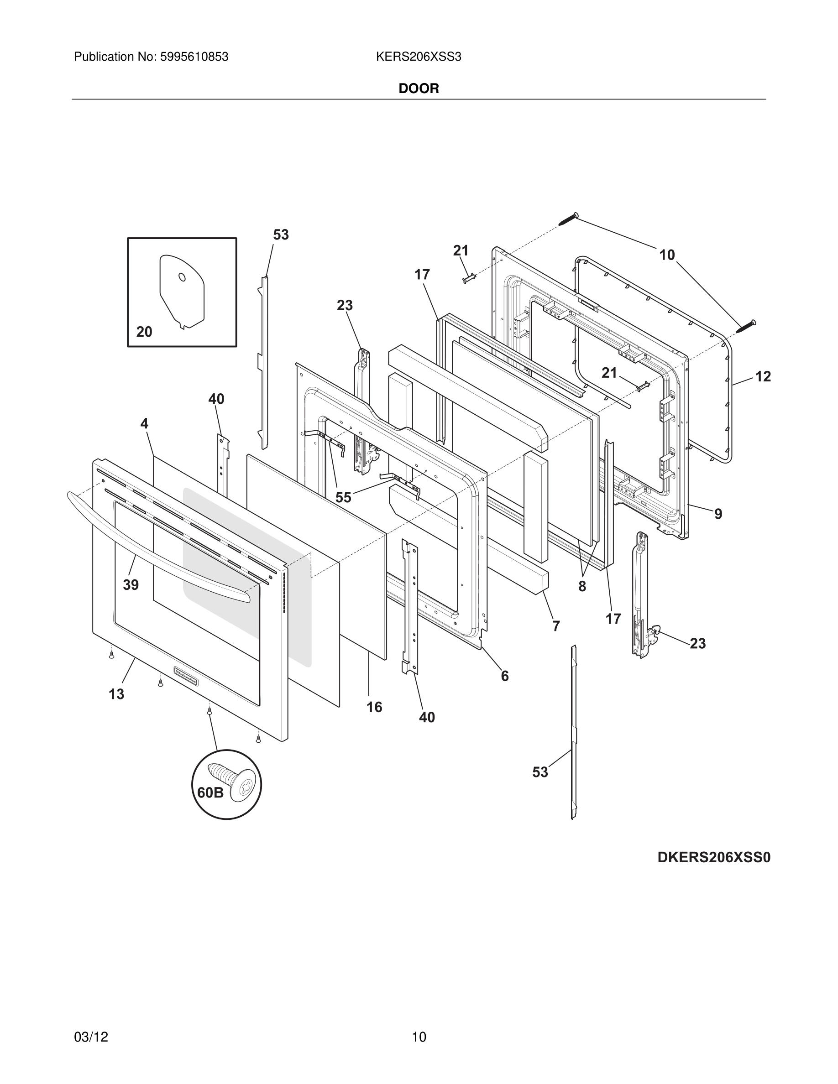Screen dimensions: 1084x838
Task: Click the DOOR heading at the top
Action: [x=419, y=89]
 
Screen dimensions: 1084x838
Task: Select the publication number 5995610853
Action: [x=194, y=57]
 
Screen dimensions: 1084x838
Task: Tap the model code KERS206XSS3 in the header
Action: [x=419, y=57]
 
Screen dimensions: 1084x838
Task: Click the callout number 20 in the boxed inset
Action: [x=144, y=332]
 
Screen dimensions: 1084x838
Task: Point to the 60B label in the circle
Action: [x=210, y=792]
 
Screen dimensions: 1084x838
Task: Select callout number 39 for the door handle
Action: [x=131, y=585]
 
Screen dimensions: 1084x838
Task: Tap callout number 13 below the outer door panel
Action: [x=117, y=694]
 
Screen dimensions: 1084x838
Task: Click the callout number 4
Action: [x=144, y=423]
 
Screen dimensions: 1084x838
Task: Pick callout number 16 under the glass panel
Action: [x=374, y=707]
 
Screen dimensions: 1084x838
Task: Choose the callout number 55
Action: [x=343, y=497]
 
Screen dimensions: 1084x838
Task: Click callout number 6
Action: [x=504, y=676]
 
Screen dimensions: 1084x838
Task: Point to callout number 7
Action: [x=556, y=626]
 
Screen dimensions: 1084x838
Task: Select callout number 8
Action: [x=582, y=587]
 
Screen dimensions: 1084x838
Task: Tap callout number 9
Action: [x=718, y=514]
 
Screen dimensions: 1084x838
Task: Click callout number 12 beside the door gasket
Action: [x=763, y=377]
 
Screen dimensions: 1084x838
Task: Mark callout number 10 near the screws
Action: [x=667, y=255]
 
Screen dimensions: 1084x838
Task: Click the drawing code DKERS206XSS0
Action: [x=714, y=857]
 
